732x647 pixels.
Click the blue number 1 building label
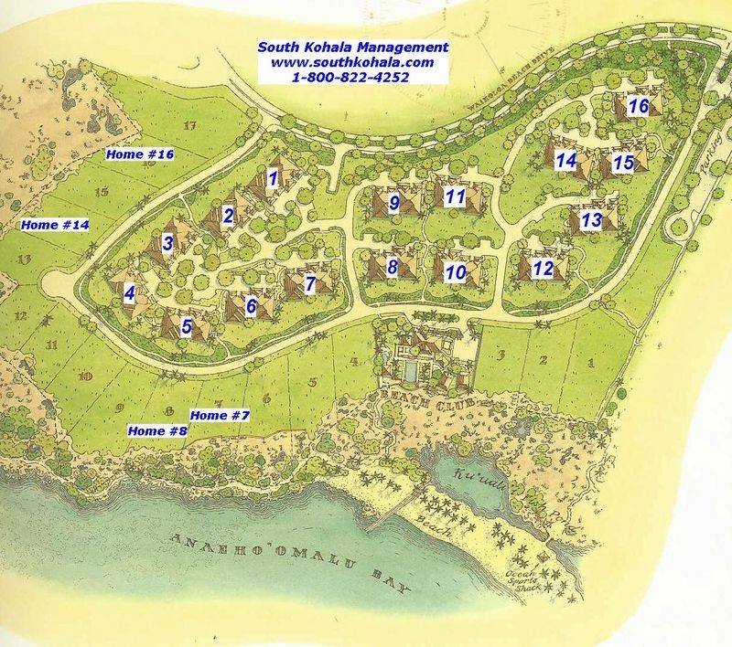[x=272, y=178]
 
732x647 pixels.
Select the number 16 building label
[x=639, y=107]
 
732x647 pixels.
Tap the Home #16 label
[x=139, y=155]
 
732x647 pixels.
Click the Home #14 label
[x=54, y=224]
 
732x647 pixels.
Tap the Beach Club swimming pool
[x=413, y=370]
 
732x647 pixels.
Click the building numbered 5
[x=186, y=325]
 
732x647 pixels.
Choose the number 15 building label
[x=623, y=163]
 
